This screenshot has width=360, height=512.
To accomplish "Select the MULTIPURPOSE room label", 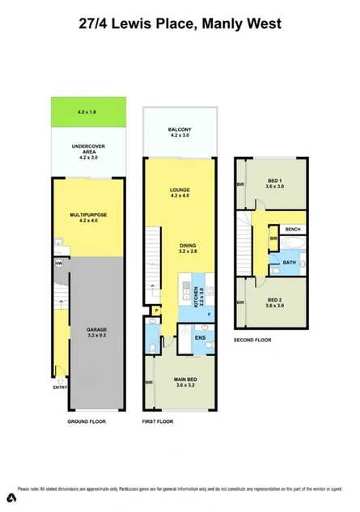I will [x=89, y=214].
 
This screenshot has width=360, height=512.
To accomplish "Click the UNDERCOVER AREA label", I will [x=89, y=149].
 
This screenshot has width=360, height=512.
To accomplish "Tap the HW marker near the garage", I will [x=59, y=264].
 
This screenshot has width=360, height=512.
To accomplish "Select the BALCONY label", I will [x=180, y=130].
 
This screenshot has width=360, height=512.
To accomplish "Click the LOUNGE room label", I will [x=180, y=191].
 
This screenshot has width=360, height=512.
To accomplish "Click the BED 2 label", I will [x=274, y=302].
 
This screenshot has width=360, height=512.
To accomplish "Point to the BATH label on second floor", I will [x=289, y=262].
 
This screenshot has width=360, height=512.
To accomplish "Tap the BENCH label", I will [x=292, y=230].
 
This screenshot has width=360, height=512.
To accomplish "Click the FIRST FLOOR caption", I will [x=159, y=421].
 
